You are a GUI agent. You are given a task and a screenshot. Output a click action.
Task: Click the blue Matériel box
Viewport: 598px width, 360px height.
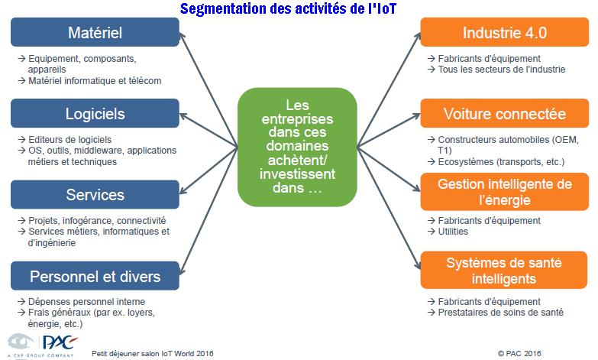pos(95,32)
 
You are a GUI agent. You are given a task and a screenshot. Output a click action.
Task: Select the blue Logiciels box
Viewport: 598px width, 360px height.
pos(95,113)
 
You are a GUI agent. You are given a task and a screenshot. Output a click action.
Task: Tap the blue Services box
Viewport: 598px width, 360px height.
pos(95,195)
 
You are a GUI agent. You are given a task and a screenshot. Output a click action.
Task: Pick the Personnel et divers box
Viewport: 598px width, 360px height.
pos(95,276)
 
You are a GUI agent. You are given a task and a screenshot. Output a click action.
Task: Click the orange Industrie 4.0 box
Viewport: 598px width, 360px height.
pos(505,32)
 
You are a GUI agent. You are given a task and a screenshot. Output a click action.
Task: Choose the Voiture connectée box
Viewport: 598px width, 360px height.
pos(505,113)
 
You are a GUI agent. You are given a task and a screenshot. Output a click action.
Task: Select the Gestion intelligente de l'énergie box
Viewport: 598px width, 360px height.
pos(505,192)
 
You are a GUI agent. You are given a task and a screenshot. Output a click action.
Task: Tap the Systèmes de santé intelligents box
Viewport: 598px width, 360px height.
pos(504,270)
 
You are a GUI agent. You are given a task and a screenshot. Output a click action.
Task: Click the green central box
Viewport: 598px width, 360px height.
pos(297,147)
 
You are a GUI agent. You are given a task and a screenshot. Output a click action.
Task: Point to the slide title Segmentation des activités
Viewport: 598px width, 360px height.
pos(289,8)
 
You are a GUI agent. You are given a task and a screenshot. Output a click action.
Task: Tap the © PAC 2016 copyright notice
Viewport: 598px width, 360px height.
pos(519,354)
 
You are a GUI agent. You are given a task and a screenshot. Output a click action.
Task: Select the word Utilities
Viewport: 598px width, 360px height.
pos(453,232)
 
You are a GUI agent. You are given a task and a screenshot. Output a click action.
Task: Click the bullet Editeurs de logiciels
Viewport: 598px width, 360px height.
pos(69,140)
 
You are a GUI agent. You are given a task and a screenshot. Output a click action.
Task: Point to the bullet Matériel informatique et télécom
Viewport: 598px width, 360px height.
pos(95,81)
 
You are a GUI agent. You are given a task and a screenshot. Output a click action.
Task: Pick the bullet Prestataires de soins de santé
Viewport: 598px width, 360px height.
pos(500,313)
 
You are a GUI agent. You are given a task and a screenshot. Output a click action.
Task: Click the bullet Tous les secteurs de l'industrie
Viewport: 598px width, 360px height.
pos(502,70)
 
